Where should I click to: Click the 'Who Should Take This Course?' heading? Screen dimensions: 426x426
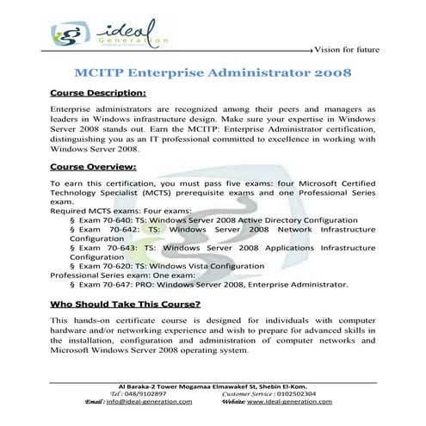(x=126, y=304)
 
